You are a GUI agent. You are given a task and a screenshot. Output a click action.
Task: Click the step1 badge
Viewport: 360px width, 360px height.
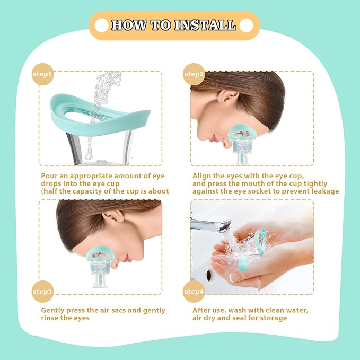tap(43, 74)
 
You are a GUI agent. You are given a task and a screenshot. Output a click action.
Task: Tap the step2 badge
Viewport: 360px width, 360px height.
tap(194, 74)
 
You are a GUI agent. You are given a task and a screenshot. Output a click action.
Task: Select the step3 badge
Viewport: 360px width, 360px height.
tap(43, 291)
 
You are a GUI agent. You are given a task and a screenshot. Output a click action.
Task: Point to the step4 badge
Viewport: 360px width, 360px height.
tap(194, 291)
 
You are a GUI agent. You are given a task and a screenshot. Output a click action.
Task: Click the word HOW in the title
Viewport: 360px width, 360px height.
tap(130, 25)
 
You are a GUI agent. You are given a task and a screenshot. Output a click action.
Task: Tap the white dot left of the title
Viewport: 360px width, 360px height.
tap(101, 25)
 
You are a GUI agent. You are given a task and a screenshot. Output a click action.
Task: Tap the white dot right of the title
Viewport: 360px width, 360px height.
tap(245, 25)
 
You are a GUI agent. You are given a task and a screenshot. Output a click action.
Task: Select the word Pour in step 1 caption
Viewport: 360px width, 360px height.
tap(49, 175)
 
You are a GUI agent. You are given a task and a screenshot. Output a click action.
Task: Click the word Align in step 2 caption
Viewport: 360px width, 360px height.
tap(201, 175)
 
